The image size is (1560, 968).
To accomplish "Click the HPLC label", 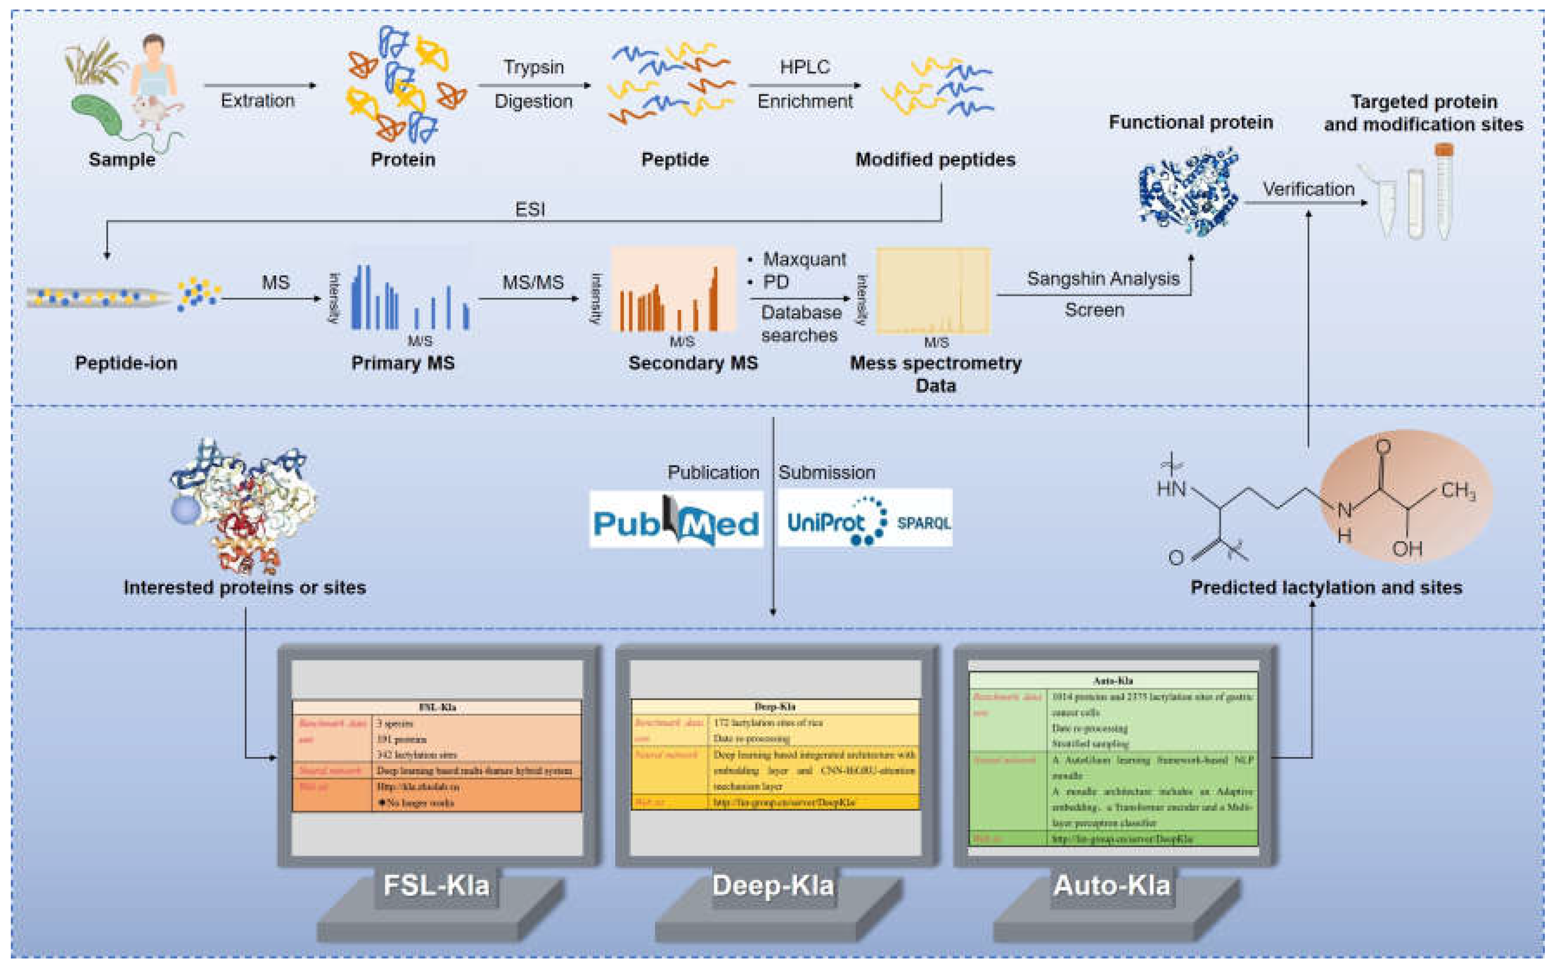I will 804,67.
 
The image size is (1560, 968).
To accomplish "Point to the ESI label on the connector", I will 530,209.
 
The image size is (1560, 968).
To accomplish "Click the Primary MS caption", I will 403,363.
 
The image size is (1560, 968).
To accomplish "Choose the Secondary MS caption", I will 693,363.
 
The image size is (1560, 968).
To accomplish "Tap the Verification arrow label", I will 1308,189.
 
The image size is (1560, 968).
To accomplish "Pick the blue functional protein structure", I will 1188,192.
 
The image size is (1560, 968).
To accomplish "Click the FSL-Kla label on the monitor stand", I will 436,885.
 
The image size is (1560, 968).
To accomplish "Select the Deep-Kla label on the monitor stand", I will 773,885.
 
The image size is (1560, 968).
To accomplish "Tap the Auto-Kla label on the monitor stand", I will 1112,885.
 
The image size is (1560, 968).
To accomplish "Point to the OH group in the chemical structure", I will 1406,548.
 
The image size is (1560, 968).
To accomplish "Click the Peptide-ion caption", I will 126,363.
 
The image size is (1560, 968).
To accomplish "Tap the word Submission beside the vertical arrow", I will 826,472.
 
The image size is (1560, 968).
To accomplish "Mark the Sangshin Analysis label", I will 1103,279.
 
